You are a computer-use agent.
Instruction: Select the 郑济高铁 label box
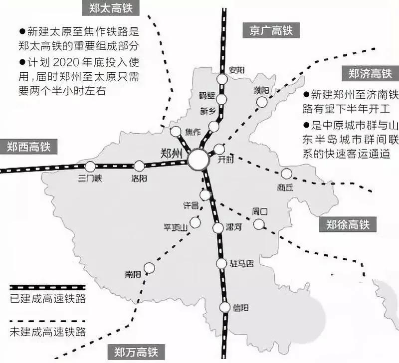[370, 74]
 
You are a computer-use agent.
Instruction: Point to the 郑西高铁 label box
[29, 147]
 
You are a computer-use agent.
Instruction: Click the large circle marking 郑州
[199, 160]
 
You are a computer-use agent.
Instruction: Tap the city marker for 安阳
[222, 79]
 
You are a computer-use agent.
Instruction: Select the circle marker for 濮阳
[262, 102]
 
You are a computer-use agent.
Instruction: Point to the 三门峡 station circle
[90, 167]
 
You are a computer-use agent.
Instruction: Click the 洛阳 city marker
[139, 166]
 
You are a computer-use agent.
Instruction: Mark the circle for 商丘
[286, 174]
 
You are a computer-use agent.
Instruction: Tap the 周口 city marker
[258, 224]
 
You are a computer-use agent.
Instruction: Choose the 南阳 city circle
[148, 268]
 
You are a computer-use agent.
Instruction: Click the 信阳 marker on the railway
[224, 307]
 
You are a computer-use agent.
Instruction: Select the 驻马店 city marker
[221, 264]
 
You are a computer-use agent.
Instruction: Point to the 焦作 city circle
[176, 131]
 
